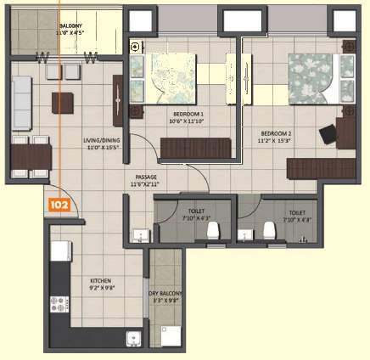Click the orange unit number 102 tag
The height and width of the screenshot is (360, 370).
point(59,205)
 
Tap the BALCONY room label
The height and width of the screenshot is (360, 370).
point(70,31)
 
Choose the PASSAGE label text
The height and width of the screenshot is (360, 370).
point(145,180)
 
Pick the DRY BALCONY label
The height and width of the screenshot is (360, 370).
point(165,296)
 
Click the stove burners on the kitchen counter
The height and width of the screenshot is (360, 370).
point(59,303)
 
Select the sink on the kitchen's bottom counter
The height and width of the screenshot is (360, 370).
point(132,341)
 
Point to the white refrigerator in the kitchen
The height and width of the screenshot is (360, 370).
point(59,250)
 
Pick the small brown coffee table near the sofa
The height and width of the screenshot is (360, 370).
point(62,103)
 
